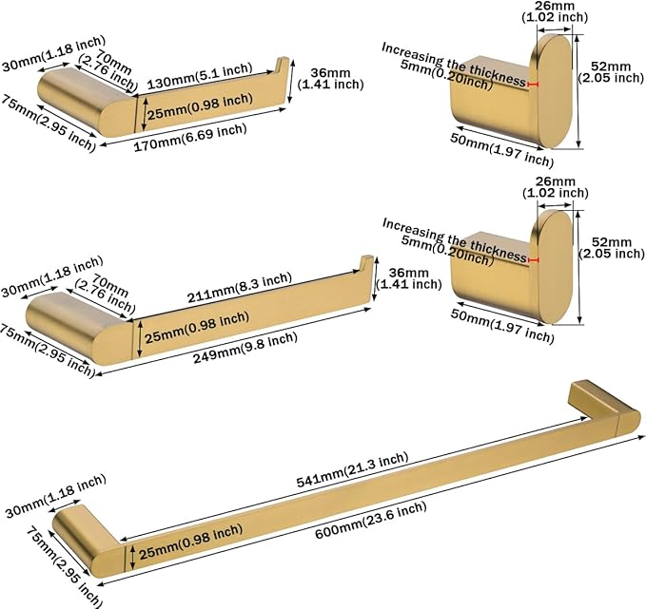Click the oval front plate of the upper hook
pyautogui.click(x=553, y=91)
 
